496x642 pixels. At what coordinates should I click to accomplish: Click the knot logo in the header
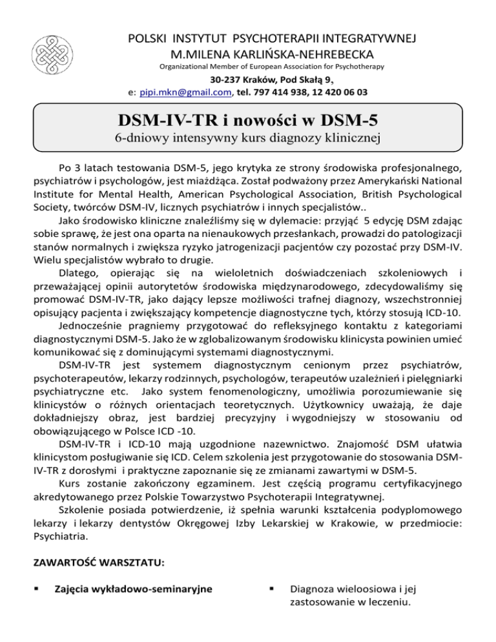click(x=52, y=47)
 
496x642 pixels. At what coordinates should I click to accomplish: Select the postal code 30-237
click(x=226, y=80)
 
